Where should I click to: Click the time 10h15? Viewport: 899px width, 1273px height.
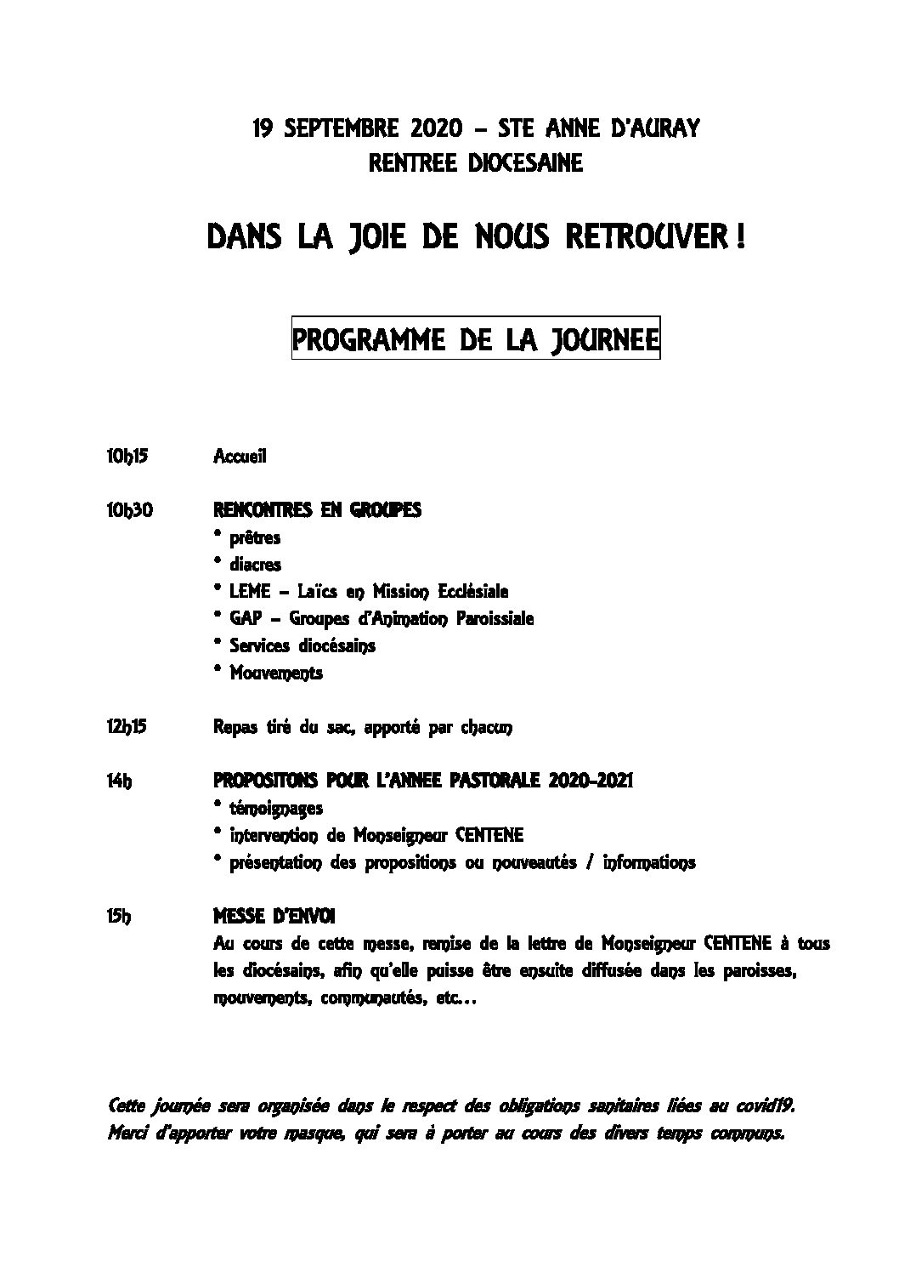point(127,457)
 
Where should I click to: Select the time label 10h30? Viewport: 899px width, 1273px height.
point(129,510)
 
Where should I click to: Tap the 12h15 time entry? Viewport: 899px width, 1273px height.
point(127,727)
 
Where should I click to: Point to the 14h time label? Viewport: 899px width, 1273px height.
point(119,781)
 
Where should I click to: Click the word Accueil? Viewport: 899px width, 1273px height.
point(240,457)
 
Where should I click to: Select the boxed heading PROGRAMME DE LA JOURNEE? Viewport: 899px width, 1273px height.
point(476,340)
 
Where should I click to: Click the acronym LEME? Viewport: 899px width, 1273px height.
point(250,592)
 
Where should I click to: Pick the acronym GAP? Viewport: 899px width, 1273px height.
point(245,619)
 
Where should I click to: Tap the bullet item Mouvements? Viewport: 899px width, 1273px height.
point(276,673)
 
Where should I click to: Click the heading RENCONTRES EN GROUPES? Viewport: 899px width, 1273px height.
point(317,510)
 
